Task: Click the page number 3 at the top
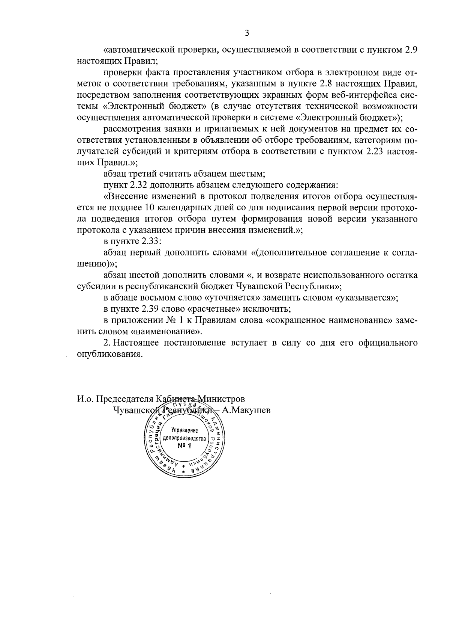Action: pyautogui.click(x=247, y=33)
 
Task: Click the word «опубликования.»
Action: pyautogui.click(x=110, y=354)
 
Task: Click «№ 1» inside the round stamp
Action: pyautogui.click(x=184, y=446)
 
